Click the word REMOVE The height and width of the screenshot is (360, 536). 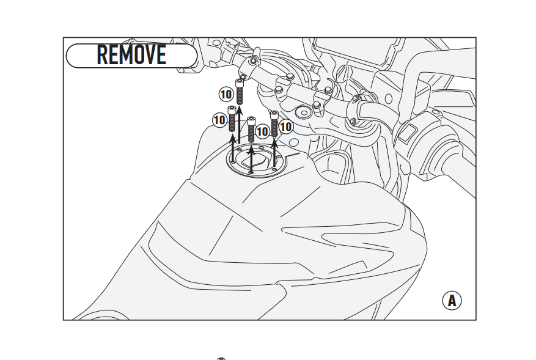(x=131, y=54)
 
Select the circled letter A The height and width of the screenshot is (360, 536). (x=452, y=301)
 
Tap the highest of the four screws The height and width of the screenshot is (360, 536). (x=240, y=92)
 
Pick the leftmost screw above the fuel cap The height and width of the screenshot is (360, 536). (x=232, y=119)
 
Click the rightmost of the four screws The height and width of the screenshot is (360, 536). (x=274, y=123)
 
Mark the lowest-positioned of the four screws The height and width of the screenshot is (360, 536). (x=251, y=130)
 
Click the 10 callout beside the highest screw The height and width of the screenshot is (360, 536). (x=226, y=94)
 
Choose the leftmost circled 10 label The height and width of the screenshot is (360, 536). (x=219, y=120)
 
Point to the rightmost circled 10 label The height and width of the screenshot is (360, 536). (x=286, y=127)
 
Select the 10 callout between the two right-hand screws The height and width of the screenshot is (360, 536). (x=263, y=131)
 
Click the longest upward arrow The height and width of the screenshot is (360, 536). (x=240, y=125)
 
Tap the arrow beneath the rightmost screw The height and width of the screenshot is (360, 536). (x=274, y=152)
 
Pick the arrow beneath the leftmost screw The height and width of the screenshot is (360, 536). (x=233, y=148)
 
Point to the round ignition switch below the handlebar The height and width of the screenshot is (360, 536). (x=303, y=112)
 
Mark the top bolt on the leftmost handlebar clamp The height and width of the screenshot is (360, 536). (x=253, y=61)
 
